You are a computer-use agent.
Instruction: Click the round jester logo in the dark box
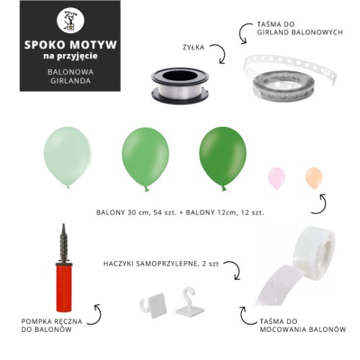71,20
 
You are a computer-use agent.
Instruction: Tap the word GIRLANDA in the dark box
71,81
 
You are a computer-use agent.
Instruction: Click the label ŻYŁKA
194,48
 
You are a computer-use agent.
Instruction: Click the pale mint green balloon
68,157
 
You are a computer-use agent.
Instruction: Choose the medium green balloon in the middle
145,159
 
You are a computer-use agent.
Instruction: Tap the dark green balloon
223,158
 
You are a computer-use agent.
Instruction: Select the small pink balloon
276,178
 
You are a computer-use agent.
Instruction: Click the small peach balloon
314,178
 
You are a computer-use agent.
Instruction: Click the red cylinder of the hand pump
64,288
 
